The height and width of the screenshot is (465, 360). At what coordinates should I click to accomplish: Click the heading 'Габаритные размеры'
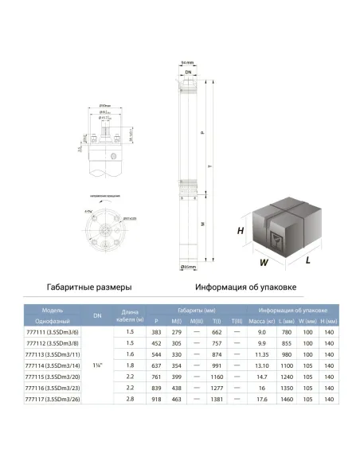point(88,287)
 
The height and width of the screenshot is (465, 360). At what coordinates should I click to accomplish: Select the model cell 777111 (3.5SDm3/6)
point(54,332)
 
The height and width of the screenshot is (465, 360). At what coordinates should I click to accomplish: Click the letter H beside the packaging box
point(240,230)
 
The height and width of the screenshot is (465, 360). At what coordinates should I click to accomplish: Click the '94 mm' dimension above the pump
point(187,62)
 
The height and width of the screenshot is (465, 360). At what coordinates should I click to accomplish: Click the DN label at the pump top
point(188,72)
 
